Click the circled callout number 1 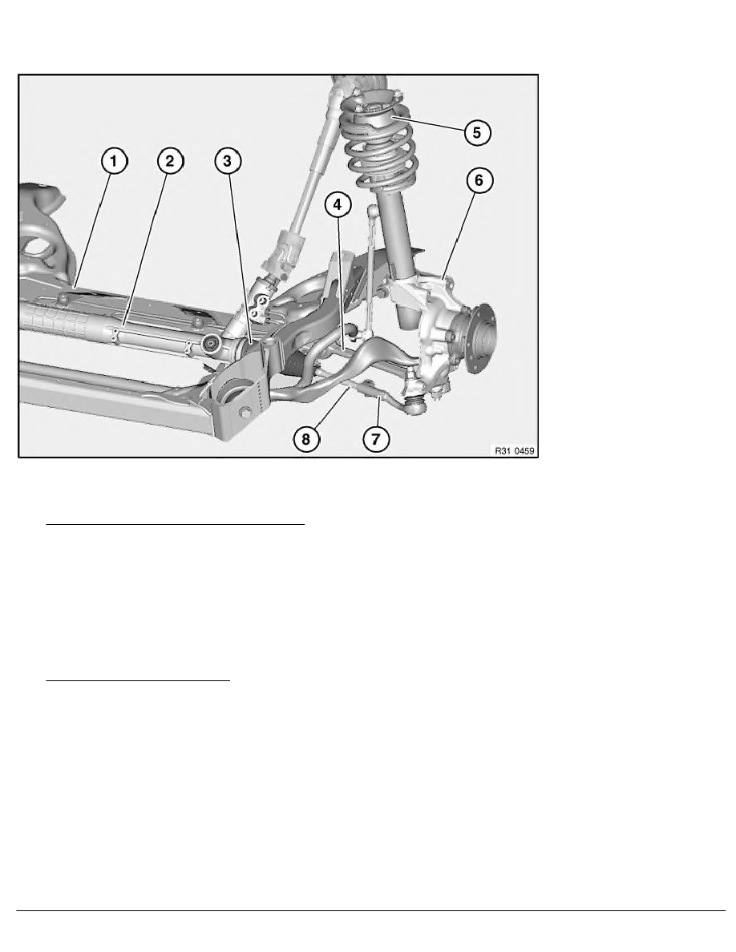click(x=113, y=162)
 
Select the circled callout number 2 click(x=169, y=162)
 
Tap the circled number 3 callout click(x=228, y=162)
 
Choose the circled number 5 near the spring click(x=476, y=132)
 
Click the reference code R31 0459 click(x=514, y=451)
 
